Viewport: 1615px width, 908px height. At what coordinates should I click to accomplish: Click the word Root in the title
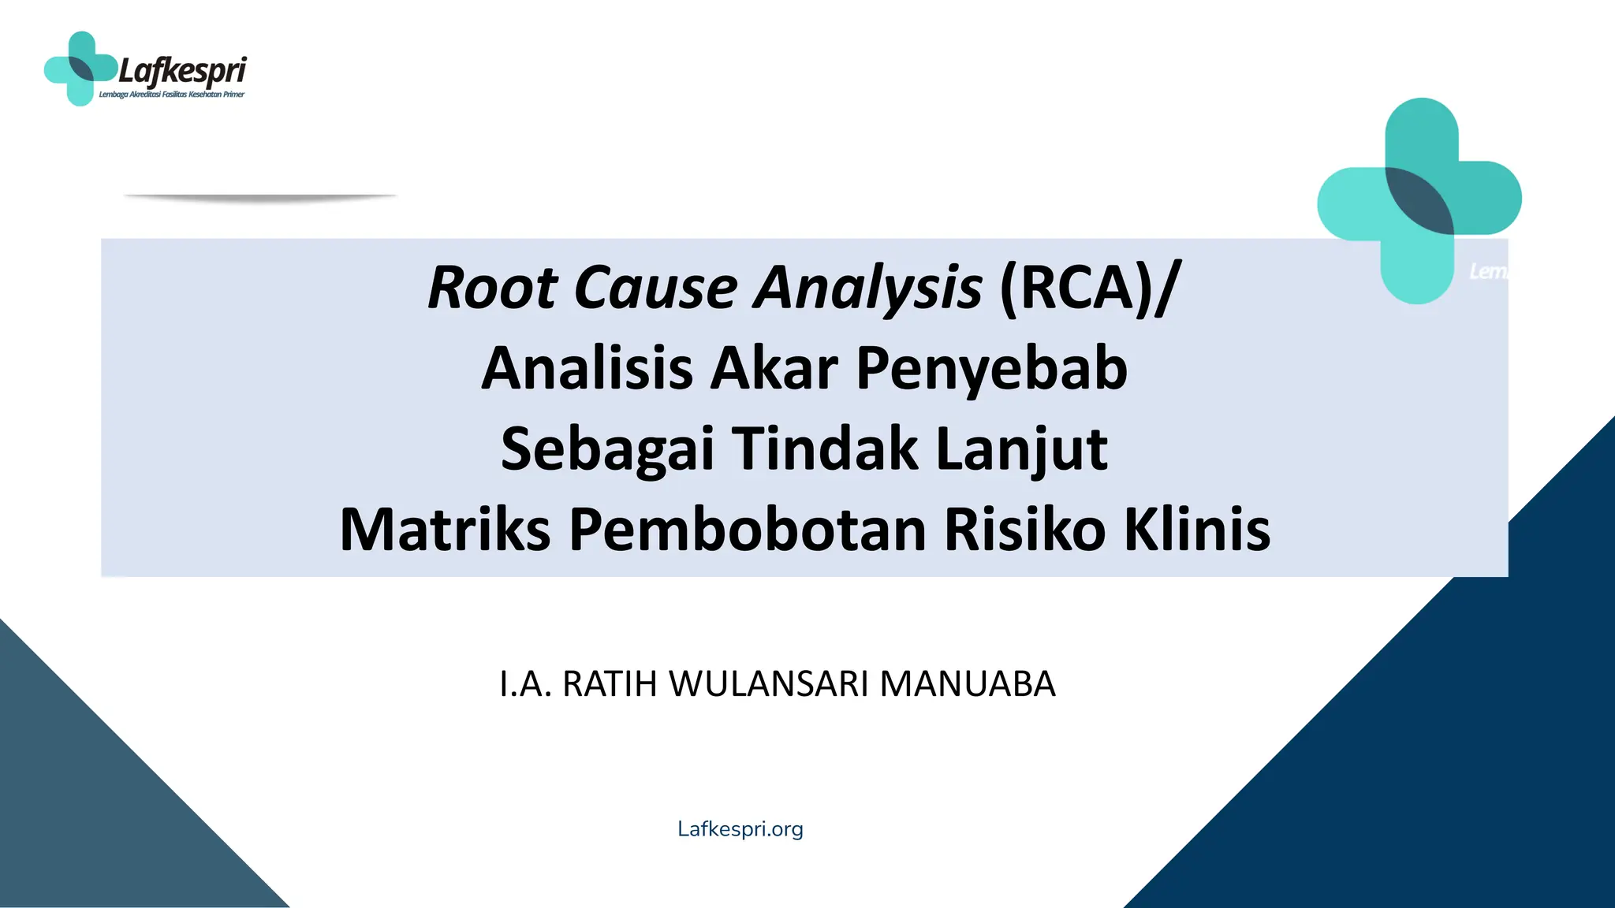tap(493, 288)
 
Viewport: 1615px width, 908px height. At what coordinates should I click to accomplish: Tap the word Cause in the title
tap(656, 288)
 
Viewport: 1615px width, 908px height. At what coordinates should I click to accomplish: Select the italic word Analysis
tap(868, 288)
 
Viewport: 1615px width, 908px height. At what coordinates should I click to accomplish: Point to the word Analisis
tap(587, 369)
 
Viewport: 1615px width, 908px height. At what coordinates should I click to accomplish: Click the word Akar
tap(774, 369)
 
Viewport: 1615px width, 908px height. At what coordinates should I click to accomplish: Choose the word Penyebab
tap(992, 369)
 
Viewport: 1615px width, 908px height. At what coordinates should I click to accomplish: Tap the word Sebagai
tap(607, 449)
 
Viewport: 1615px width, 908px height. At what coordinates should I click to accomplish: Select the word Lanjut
tap(1022, 449)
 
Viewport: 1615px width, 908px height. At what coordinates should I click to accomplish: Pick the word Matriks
tap(445, 530)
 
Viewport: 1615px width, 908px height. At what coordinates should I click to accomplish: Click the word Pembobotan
tap(748, 530)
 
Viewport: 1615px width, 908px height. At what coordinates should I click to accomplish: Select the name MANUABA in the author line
tap(968, 684)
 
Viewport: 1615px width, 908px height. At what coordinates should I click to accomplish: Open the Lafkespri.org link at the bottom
tap(740, 829)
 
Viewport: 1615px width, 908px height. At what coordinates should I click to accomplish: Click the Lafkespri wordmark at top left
tap(182, 72)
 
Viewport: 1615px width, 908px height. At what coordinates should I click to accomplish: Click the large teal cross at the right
tap(1419, 201)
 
